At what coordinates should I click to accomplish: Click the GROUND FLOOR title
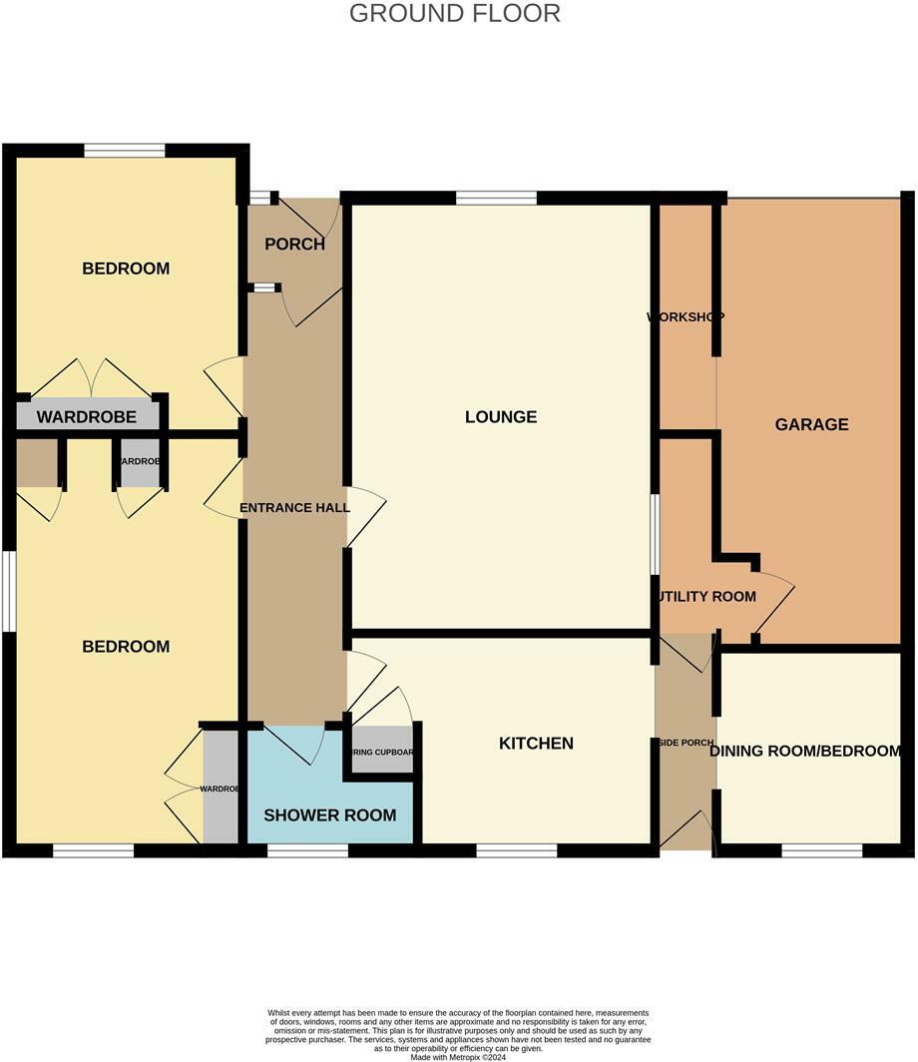pyautogui.click(x=455, y=14)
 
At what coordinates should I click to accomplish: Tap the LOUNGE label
pyautogui.click(x=501, y=417)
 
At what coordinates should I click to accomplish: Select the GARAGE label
pyautogui.click(x=811, y=424)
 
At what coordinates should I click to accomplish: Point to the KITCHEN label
pyautogui.click(x=536, y=744)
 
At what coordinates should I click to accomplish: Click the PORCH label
pyautogui.click(x=294, y=245)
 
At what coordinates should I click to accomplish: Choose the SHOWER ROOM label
pyautogui.click(x=329, y=815)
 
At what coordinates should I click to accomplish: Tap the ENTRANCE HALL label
pyautogui.click(x=294, y=508)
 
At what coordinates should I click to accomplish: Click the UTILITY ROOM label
pyautogui.click(x=705, y=597)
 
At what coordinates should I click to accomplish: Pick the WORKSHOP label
pyautogui.click(x=686, y=317)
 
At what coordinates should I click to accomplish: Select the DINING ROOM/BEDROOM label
pyautogui.click(x=806, y=751)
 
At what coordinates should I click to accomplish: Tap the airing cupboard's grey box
pyautogui.click(x=381, y=752)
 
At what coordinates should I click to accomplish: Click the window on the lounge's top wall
pyautogui.click(x=496, y=198)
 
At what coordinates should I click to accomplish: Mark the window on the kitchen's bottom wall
pyautogui.click(x=516, y=850)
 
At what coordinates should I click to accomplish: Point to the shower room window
pyautogui.click(x=307, y=850)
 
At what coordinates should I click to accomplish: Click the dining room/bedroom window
pyautogui.click(x=821, y=850)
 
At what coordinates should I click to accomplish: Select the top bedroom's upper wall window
pyautogui.click(x=125, y=151)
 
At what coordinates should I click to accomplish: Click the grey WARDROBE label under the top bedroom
pyautogui.click(x=86, y=417)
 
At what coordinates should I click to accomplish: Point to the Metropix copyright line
pyautogui.click(x=458, y=1057)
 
